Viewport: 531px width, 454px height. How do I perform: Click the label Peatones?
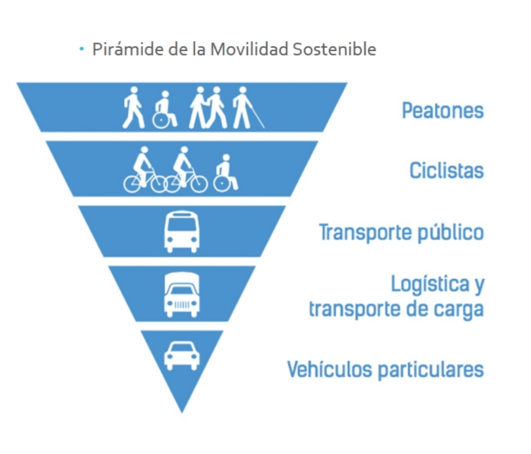[x=442, y=110]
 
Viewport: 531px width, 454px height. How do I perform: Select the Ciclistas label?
[x=446, y=171]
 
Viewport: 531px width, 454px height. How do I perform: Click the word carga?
[x=460, y=309]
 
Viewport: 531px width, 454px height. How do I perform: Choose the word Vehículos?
[x=329, y=369]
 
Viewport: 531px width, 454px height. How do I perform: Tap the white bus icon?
[x=182, y=232]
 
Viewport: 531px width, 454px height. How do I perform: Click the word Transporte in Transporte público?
[x=360, y=233]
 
